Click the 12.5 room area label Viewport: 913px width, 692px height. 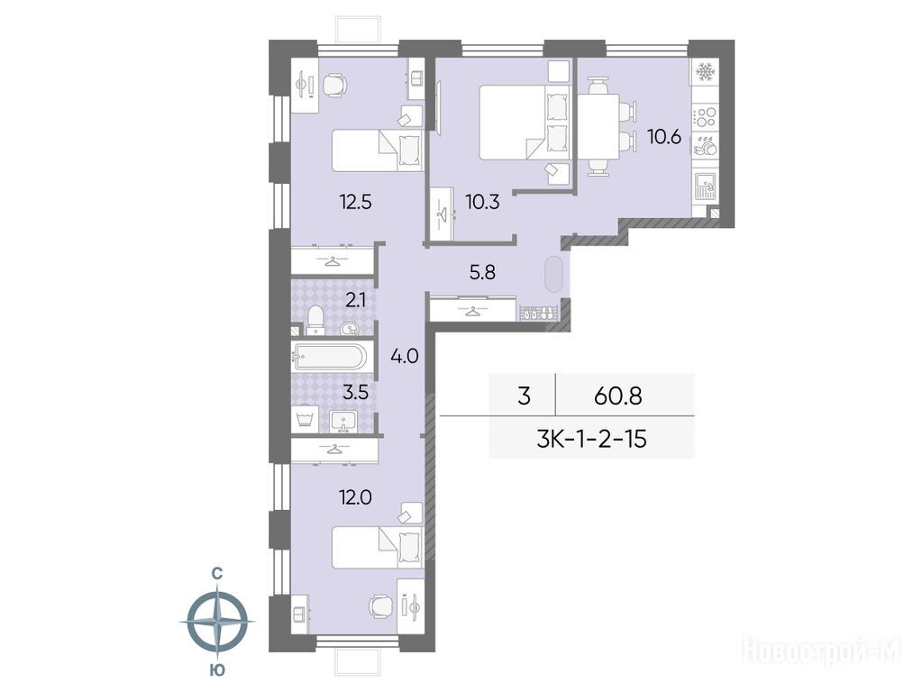[x=355, y=203]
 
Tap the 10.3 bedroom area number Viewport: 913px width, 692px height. [x=482, y=203]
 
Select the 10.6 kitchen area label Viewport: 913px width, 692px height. [x=663, y=137]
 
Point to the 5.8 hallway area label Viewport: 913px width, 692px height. [x=483, y=272]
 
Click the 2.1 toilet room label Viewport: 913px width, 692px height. [x=355, y=300]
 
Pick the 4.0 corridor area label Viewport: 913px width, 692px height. [x=405, y=356]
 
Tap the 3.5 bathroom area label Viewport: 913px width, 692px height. [x=355, y=392]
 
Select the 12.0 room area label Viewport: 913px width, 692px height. [x=355, y=497]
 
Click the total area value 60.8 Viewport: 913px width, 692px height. [x=617, y=396]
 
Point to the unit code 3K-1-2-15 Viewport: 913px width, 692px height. [x=591, y=439]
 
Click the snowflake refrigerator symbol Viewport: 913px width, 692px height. [x=705, y=72]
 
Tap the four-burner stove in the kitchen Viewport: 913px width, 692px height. [x=705, y=117]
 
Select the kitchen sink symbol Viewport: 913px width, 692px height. [x=705, y=187]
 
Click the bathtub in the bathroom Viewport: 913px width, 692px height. [x=330, y=356]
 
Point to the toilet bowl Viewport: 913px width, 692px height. [x=315, y=319]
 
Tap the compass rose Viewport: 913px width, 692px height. [x=216, y=622]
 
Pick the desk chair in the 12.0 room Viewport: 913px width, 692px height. [x=379, y=606]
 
